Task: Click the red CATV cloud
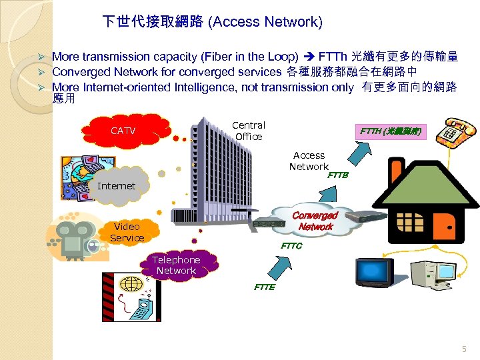[123, 131]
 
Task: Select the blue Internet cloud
[116, 185]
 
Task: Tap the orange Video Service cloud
[127, 232]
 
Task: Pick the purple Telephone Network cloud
[176, 265]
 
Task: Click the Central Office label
[249, 131]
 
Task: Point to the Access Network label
[309, 161]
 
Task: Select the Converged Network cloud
[315, 221]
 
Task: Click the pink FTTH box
[389, 131]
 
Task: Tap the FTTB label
[338, 176]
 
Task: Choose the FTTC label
[291, 246]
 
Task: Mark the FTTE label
[264, 287]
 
